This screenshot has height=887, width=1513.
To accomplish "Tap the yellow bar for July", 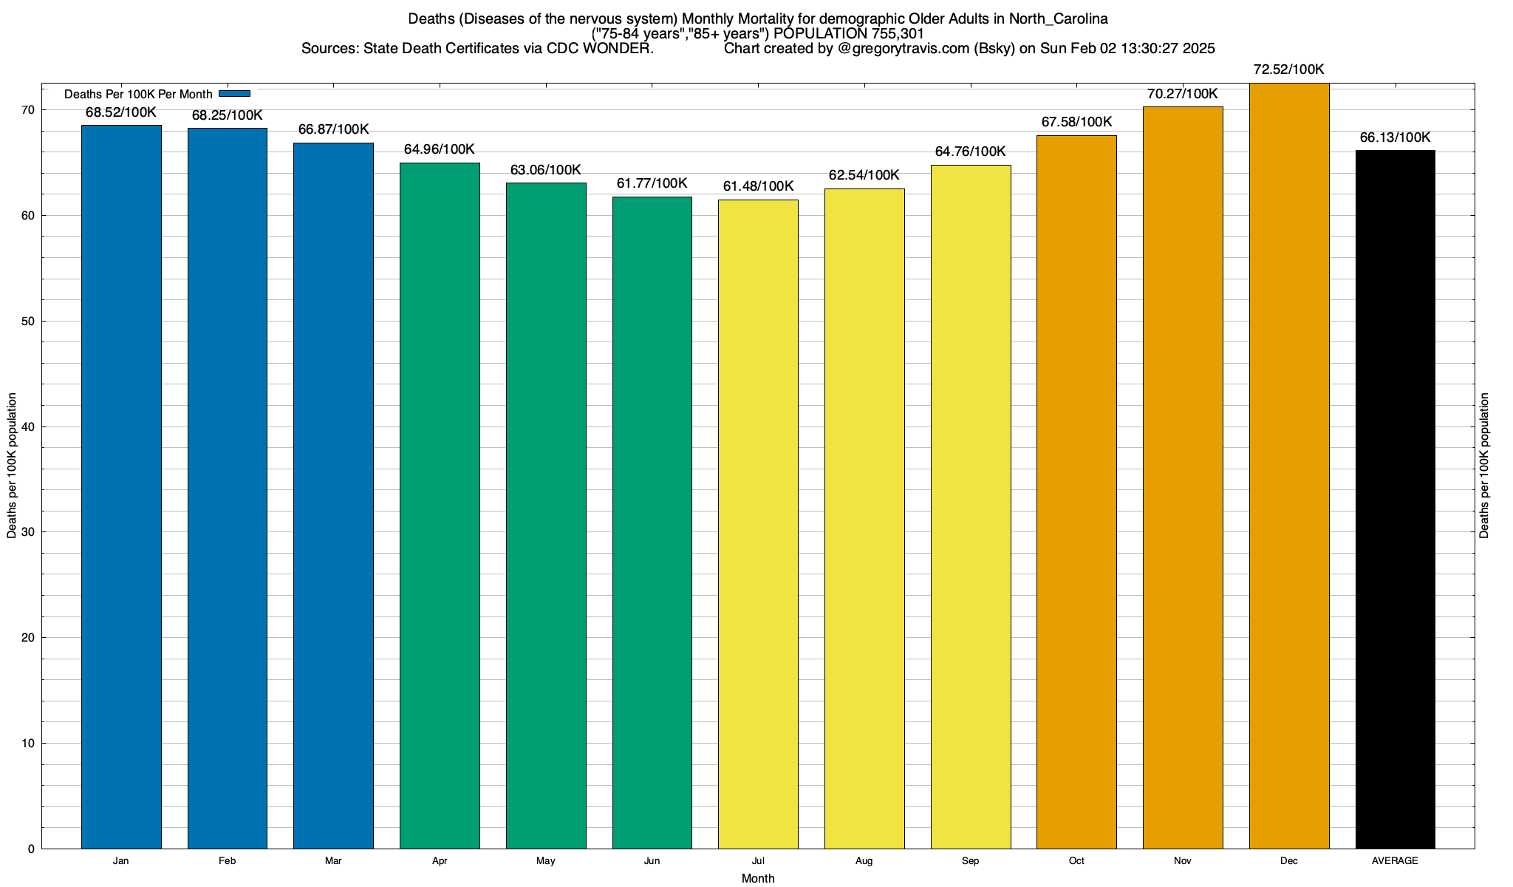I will [758, 524].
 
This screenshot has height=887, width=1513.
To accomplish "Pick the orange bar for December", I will [1289, 466].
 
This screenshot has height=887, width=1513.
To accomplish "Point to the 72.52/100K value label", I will [1289, 70].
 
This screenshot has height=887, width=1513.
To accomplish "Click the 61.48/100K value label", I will [758, 186].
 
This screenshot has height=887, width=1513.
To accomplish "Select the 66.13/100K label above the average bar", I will [1395, 137].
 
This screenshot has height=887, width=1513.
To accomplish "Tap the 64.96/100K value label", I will [440, 149].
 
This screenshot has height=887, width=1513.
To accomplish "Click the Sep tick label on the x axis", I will [970, 861].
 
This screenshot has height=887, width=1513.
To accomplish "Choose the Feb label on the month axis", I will [228, 861].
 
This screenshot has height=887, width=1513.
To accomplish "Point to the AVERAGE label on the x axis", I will [1395, 861].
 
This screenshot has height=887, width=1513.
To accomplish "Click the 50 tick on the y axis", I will [28, 322].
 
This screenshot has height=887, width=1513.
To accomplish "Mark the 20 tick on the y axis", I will [28, 638].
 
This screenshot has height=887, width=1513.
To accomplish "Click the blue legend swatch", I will [235, 94].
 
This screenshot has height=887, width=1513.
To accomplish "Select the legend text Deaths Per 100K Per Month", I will [138, 95].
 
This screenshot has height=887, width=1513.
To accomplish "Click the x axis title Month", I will [758, 878].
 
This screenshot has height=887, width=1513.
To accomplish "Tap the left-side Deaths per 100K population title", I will [12, 466].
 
